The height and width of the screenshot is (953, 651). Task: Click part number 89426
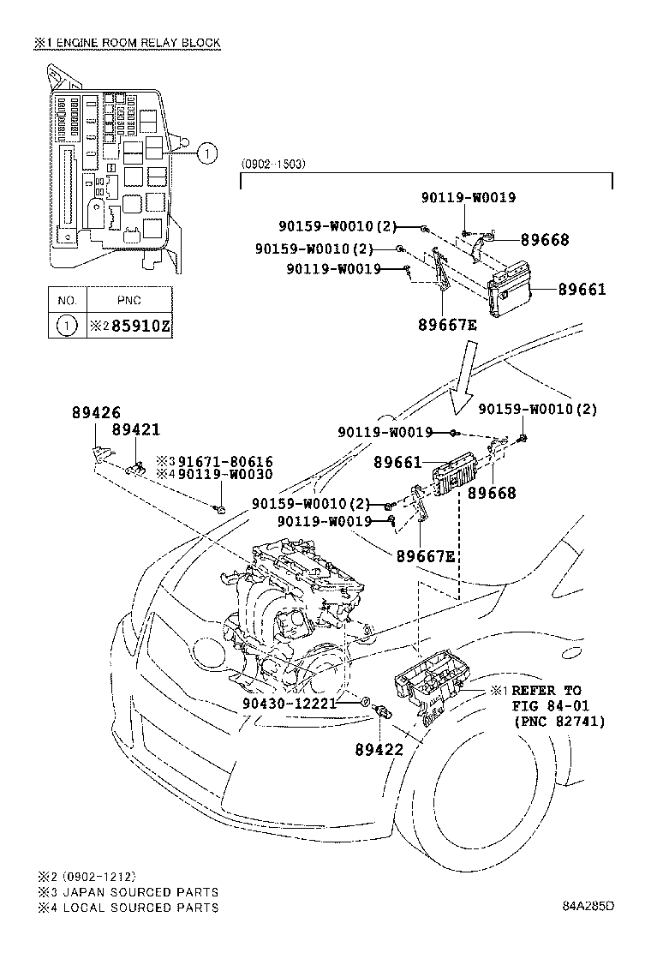pos(92,412)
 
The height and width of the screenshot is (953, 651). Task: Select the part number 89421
pos(135,429)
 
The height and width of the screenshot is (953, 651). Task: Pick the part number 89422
pos(379,749)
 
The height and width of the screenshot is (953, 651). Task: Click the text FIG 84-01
pos(549,705)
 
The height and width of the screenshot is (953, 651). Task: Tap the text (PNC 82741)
pos(559,722)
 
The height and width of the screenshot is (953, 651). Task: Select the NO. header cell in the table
pos(67,301)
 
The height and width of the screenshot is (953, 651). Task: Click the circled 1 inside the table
pos(67,327)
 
